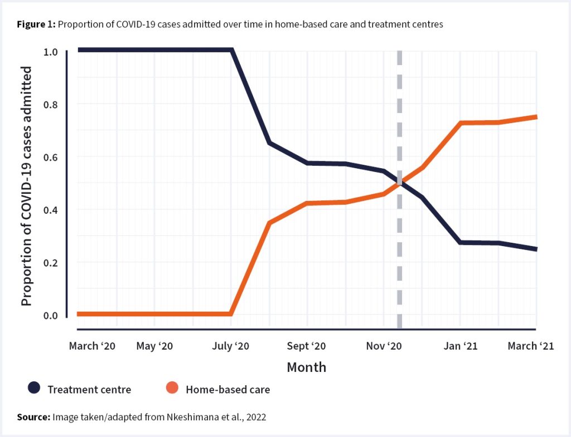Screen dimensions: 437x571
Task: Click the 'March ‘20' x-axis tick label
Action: point(92,346)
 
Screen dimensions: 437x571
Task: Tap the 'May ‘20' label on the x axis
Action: point(154,346)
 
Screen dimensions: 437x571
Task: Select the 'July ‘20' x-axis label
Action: point(230,346)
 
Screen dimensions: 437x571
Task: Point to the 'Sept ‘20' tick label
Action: point(307,346)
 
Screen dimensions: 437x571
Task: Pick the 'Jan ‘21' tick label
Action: point(460,346)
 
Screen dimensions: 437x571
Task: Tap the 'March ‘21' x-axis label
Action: point(530,346)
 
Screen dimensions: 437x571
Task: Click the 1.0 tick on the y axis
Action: point(50,52)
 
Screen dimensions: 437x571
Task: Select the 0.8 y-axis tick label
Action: point(50,105)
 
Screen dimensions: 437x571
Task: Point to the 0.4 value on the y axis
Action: point(50,210)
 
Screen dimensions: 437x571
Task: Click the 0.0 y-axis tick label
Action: point(50,316)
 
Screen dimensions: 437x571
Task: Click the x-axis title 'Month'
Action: point(306,367)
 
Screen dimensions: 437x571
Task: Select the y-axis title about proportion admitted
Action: point(26,185)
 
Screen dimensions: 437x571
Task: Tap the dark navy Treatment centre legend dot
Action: point(35,388)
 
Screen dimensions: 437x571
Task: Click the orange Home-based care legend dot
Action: point(172,388)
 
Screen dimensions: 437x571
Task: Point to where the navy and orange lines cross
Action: point(399,181)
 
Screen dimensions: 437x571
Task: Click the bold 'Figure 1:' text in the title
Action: point(35,25)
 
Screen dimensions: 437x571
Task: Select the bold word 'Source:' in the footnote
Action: point(33,417)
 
